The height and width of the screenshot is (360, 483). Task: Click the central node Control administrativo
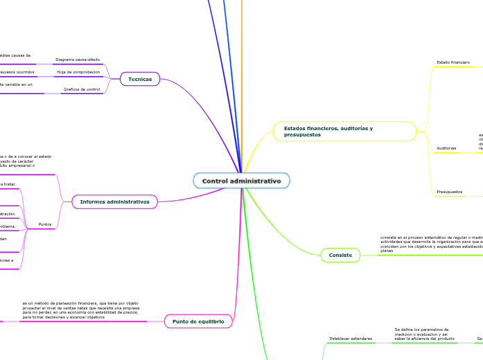(241, 181)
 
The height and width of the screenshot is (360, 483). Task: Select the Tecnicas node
(140, 80)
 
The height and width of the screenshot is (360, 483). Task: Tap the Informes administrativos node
(115, 201)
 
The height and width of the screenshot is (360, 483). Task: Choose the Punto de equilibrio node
(197, 321)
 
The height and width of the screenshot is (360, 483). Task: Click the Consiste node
(340, 255)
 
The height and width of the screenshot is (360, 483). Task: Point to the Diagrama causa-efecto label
(78, 60)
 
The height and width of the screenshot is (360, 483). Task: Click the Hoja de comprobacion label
(78, 72)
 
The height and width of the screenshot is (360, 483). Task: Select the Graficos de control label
(82, 89)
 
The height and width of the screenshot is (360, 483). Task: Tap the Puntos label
(45, 224)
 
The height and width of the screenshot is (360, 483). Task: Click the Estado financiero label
(453, 62)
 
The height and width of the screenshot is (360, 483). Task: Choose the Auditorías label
(446, 148)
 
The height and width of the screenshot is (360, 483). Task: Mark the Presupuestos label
(450, 191)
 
